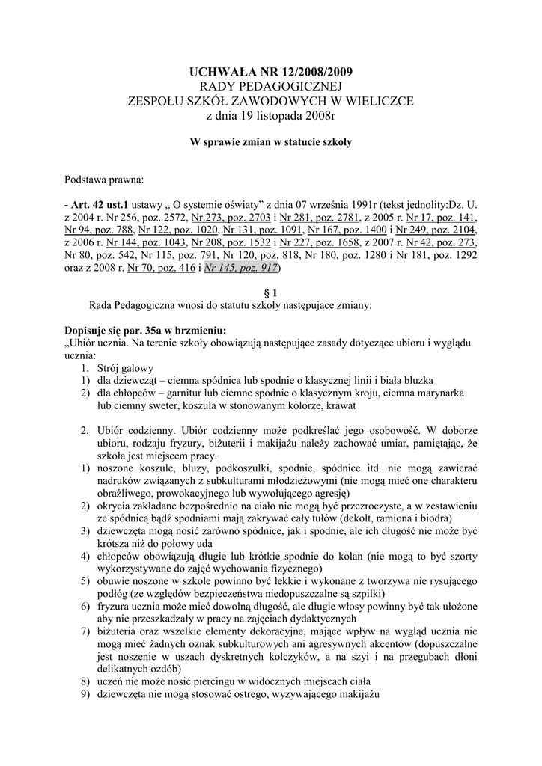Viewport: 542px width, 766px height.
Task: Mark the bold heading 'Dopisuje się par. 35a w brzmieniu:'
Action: pos(146,330)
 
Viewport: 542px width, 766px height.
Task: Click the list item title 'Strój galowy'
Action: pos(125,369)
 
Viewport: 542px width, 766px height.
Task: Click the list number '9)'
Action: pos(85,694)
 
